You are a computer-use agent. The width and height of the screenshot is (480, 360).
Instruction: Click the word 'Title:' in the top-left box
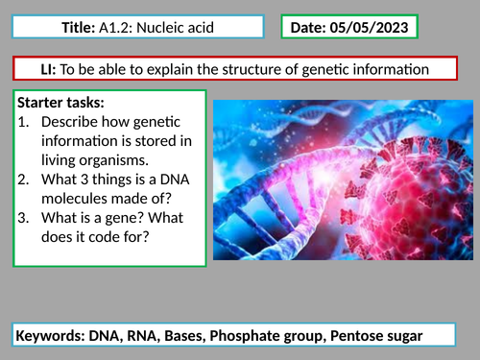(79, 29)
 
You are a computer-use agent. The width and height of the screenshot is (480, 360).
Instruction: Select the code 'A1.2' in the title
(117, 29)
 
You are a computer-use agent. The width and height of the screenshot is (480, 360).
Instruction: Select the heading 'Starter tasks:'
(64, 102)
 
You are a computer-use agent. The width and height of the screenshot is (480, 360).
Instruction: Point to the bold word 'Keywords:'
(53, 335)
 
